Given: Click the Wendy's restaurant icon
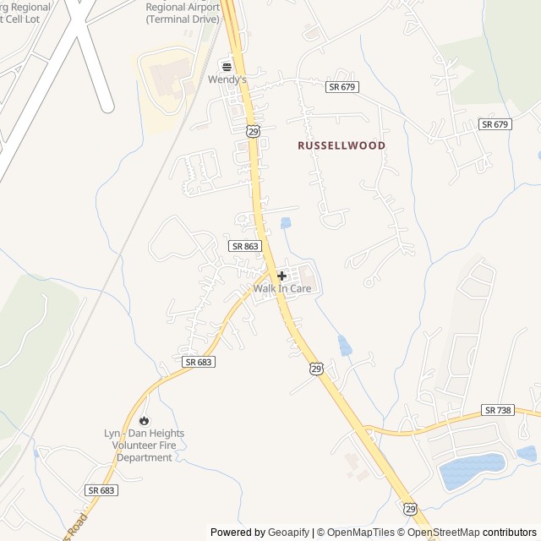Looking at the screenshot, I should [226, 66].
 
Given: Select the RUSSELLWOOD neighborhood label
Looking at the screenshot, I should [342, 145].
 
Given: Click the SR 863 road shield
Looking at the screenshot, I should [245, 245].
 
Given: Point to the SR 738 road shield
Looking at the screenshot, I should [499, 409].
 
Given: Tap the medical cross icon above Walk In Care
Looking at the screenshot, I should [281, 276].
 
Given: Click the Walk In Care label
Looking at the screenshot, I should [282, 289].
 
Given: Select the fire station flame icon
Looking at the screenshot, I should [144, 420].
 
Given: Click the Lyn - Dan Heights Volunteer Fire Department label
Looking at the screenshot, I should [144, 445].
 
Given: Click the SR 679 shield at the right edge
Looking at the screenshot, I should [495, 124].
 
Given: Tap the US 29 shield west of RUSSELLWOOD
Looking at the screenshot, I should [253, 130].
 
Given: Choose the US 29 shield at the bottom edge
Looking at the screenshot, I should [410, 509].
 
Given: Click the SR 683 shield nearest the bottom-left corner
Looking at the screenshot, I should [101, 489].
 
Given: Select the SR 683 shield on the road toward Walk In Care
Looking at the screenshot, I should [198, 361].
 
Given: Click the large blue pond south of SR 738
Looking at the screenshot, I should [470, 471].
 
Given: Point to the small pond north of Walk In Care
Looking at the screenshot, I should [285, 223].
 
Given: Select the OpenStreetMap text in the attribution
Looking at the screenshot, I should [443, 533].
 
